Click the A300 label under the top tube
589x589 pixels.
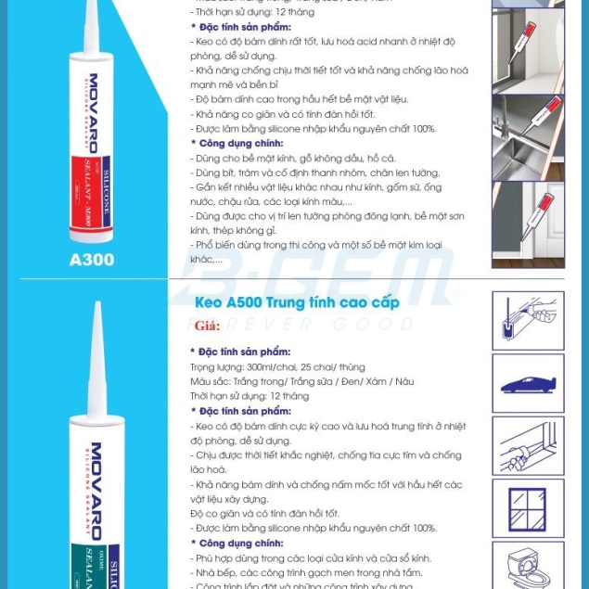coord(92,260)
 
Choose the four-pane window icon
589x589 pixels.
coord(527,507)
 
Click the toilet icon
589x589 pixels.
coord(527,566)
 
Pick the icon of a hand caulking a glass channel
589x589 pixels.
coord(527,320)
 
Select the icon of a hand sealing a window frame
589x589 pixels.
coord(527,445)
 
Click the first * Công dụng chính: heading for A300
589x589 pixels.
coord(240,144)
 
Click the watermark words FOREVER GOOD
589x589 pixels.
coord(306,324)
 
